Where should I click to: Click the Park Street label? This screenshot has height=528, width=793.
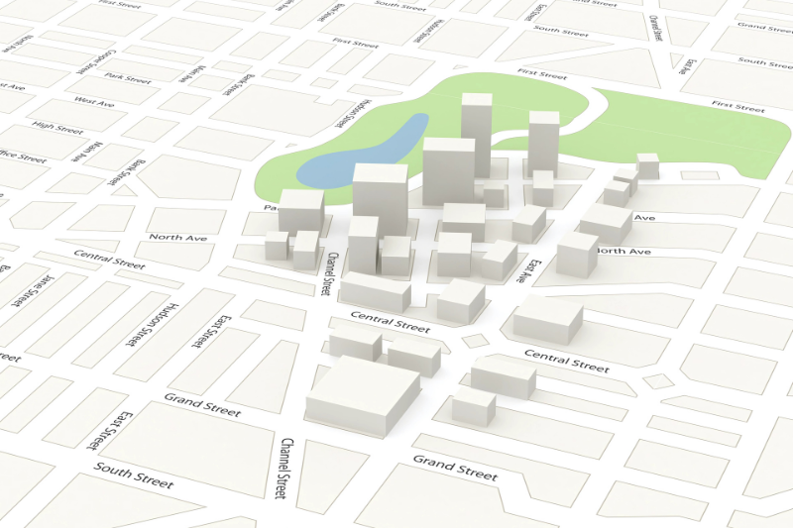(127, 77)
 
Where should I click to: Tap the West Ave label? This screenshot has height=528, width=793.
(94, 101)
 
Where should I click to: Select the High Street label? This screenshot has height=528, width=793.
(56, 126)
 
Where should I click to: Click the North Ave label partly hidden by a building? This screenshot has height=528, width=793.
(623, 252)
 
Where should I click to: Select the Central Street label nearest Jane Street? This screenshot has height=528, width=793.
(109, 263)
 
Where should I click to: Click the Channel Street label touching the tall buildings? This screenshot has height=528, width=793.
(326, 273)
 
